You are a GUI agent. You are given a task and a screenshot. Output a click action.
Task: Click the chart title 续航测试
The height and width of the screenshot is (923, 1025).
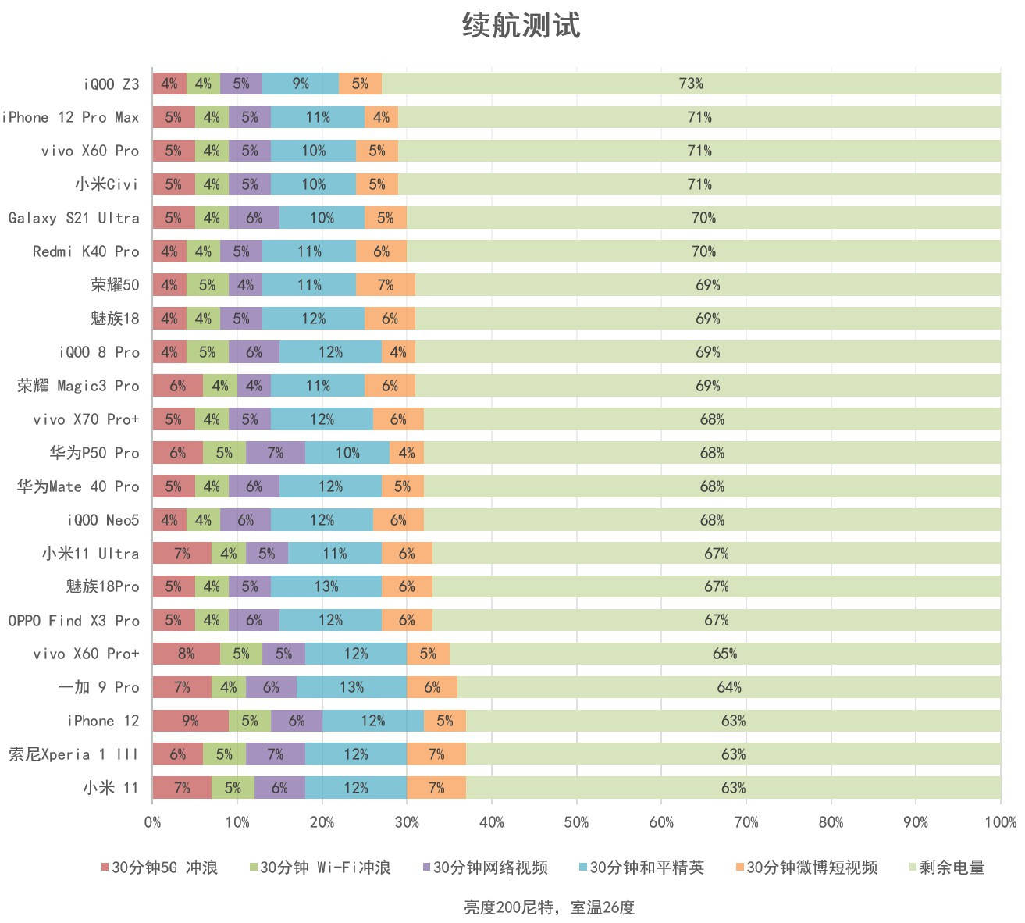[x=521, y=25]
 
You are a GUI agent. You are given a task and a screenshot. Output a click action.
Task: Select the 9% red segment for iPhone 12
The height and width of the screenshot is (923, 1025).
[x=190, y=721]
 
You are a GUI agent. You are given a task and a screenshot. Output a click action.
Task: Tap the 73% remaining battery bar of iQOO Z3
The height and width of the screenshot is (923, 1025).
[x=691, y=84]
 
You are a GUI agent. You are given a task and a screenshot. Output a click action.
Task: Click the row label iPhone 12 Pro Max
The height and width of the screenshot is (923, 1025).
[x=70, y=117]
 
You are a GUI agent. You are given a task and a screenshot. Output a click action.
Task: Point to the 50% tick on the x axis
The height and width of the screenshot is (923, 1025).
[x=576, y=822]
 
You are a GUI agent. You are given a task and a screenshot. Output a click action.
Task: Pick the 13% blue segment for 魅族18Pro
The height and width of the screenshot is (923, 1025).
[x=326, y=586]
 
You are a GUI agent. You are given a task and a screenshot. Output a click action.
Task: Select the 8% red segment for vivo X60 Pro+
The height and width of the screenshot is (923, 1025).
[x=186, y=654]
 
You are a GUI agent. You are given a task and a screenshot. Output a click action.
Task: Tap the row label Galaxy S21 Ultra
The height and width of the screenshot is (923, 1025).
[x=74, y=218]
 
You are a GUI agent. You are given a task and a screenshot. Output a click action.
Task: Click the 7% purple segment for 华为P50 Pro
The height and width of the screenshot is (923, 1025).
[x=275, y=453]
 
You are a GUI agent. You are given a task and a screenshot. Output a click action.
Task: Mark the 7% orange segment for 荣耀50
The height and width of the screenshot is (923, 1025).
[x=386, y=285]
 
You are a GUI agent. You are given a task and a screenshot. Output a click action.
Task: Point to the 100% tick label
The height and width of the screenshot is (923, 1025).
[x=1000, y=822]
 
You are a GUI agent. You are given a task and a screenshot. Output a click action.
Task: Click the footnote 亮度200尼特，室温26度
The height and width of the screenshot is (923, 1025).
[x=549, y=907]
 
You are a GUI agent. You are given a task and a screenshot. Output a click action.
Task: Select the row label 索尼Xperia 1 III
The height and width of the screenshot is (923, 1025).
[x=73, y=754]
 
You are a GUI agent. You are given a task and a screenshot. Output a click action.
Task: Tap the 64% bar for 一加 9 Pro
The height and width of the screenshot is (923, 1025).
[x=729, y=687]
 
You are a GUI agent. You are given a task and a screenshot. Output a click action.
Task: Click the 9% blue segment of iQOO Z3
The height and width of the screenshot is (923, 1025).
[x=301, y=84]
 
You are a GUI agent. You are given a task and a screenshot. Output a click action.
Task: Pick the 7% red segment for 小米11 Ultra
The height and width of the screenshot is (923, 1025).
[x=182, y=554]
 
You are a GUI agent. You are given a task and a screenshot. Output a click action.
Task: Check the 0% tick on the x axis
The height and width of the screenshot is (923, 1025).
[x=153, y=822]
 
